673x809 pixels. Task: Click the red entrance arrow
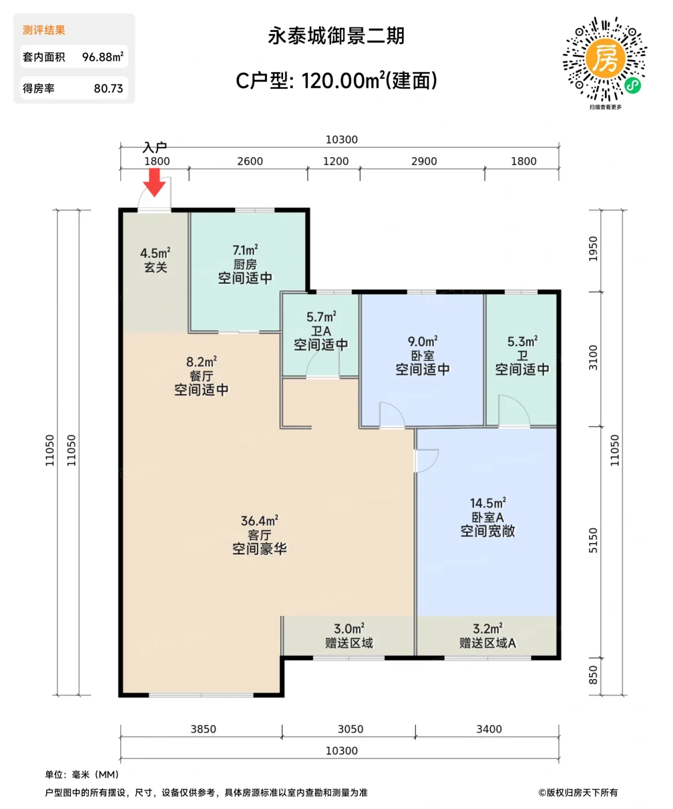(154, 183)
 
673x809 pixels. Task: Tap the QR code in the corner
(605, 59)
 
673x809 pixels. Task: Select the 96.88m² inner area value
(102, 57)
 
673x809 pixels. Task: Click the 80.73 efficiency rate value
(108, 88)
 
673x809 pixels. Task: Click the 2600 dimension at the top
(250, 161)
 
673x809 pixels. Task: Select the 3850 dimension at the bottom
(203, 729)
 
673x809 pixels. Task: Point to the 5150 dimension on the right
(593, 540)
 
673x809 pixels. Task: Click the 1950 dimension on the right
(593, 248)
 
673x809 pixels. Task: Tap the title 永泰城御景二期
(336, 36)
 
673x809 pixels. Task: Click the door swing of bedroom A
(427, 460)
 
